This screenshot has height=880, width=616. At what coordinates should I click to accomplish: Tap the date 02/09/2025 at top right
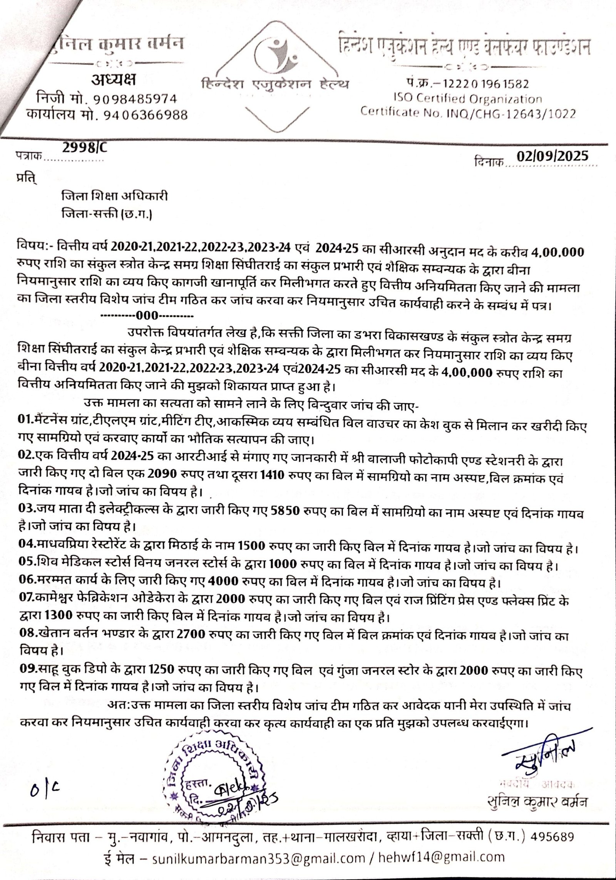[552, 156]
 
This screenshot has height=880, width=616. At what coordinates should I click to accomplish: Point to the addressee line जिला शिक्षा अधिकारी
[115, 197]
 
